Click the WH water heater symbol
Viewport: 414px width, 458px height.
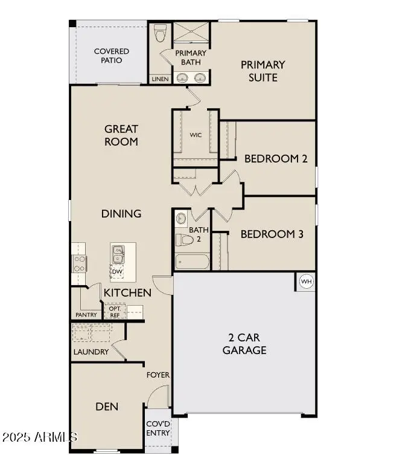click(306, 282)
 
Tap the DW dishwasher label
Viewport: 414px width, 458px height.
click(117, 272)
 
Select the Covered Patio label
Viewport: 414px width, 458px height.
click(111, 56)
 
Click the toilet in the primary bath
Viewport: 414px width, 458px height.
click(159, 34)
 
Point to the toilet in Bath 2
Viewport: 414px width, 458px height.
click(185, 240)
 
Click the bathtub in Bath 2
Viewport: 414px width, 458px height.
click(192, 262)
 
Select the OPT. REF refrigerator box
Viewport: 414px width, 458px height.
click(115, 311)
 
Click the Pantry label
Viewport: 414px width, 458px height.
click(86, 315)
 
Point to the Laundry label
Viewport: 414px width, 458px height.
click(91, 352)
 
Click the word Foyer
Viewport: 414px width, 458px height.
click(158, 375)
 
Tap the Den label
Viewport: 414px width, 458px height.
click(107, 407)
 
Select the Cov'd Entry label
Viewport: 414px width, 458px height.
click(158, 428)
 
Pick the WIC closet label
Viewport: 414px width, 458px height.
click(196, 135)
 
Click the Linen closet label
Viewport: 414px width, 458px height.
click(160, 79)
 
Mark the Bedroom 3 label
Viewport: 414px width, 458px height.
click(272, 234)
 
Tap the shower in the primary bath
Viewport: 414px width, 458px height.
click(191, 33)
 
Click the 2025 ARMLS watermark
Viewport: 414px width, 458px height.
click(39, 436)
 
